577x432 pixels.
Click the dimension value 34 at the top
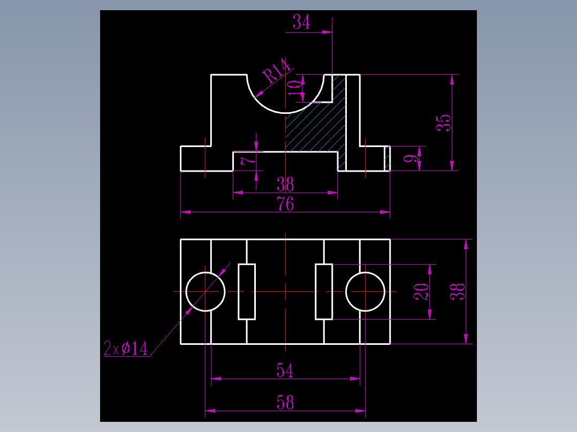point(301,22)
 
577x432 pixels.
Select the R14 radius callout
point(276,70)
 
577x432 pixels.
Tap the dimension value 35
point(443,123)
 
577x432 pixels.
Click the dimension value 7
point(247,161)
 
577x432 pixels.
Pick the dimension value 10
point(295,88)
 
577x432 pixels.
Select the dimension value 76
point(286,204)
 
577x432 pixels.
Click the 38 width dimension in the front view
point(285,184)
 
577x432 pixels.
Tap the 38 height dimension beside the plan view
point(458,291)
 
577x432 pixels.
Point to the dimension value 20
point(421,291)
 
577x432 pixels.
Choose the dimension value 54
point(285,371)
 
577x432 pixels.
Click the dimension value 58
point(285,403)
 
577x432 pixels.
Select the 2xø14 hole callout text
point(125,348)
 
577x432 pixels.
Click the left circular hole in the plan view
point(186,291)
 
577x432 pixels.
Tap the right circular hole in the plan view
point(346,291)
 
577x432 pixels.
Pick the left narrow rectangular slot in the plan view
point(239,291)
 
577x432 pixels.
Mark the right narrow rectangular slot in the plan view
point(316,291)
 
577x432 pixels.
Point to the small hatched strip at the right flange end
point(387,158)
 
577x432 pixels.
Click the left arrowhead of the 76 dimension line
point(185,212)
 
